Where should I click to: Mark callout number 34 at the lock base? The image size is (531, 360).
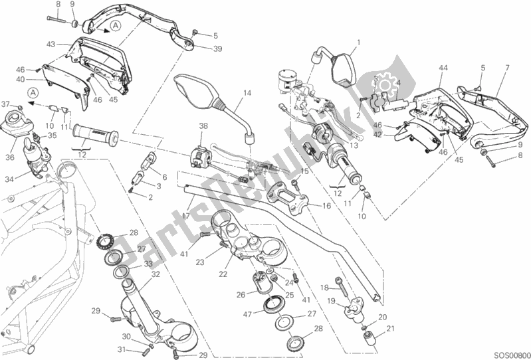pyautogui.click(x=9, y=179)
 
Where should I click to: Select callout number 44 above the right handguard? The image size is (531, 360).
pyautogui.click(x=443, y=67)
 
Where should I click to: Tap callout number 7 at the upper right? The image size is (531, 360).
pyautogui.click(x=507, y=67)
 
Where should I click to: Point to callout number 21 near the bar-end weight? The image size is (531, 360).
pyautogui.click(x=390, y=327)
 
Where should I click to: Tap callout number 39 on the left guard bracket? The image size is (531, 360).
pyautogui.click(x=199, y=48)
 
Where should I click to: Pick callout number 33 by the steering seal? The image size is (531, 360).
pyautogui.click(x=148, y=264)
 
